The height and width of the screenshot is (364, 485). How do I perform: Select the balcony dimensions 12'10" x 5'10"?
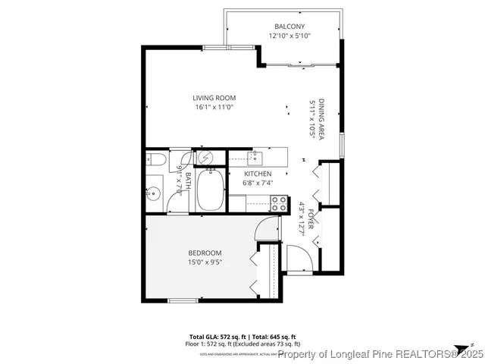(289, 36)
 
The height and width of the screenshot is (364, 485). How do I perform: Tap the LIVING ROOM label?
(214, 98)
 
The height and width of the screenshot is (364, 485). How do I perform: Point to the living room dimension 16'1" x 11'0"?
(214, 108)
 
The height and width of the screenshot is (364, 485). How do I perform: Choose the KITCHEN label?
(258, 174)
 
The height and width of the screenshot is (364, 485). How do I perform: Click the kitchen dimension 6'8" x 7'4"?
(258, 183)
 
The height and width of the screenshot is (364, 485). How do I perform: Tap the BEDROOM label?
(205, 253)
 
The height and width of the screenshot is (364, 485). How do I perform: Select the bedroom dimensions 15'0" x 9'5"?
(205, 262)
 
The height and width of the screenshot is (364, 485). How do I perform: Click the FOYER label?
(311, 221)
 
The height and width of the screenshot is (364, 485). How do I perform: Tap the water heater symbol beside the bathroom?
(205, 157)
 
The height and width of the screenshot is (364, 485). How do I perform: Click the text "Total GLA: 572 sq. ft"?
(215, 336)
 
